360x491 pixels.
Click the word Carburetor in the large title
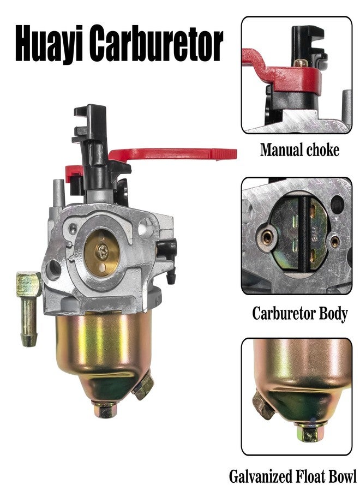(x=157, y=43)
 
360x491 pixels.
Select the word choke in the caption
(x=323, y=149)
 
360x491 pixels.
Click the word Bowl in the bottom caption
(x=343, y=476)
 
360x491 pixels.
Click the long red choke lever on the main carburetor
(x=172, y=154)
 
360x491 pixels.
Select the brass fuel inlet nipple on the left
(x=29, y=308)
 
